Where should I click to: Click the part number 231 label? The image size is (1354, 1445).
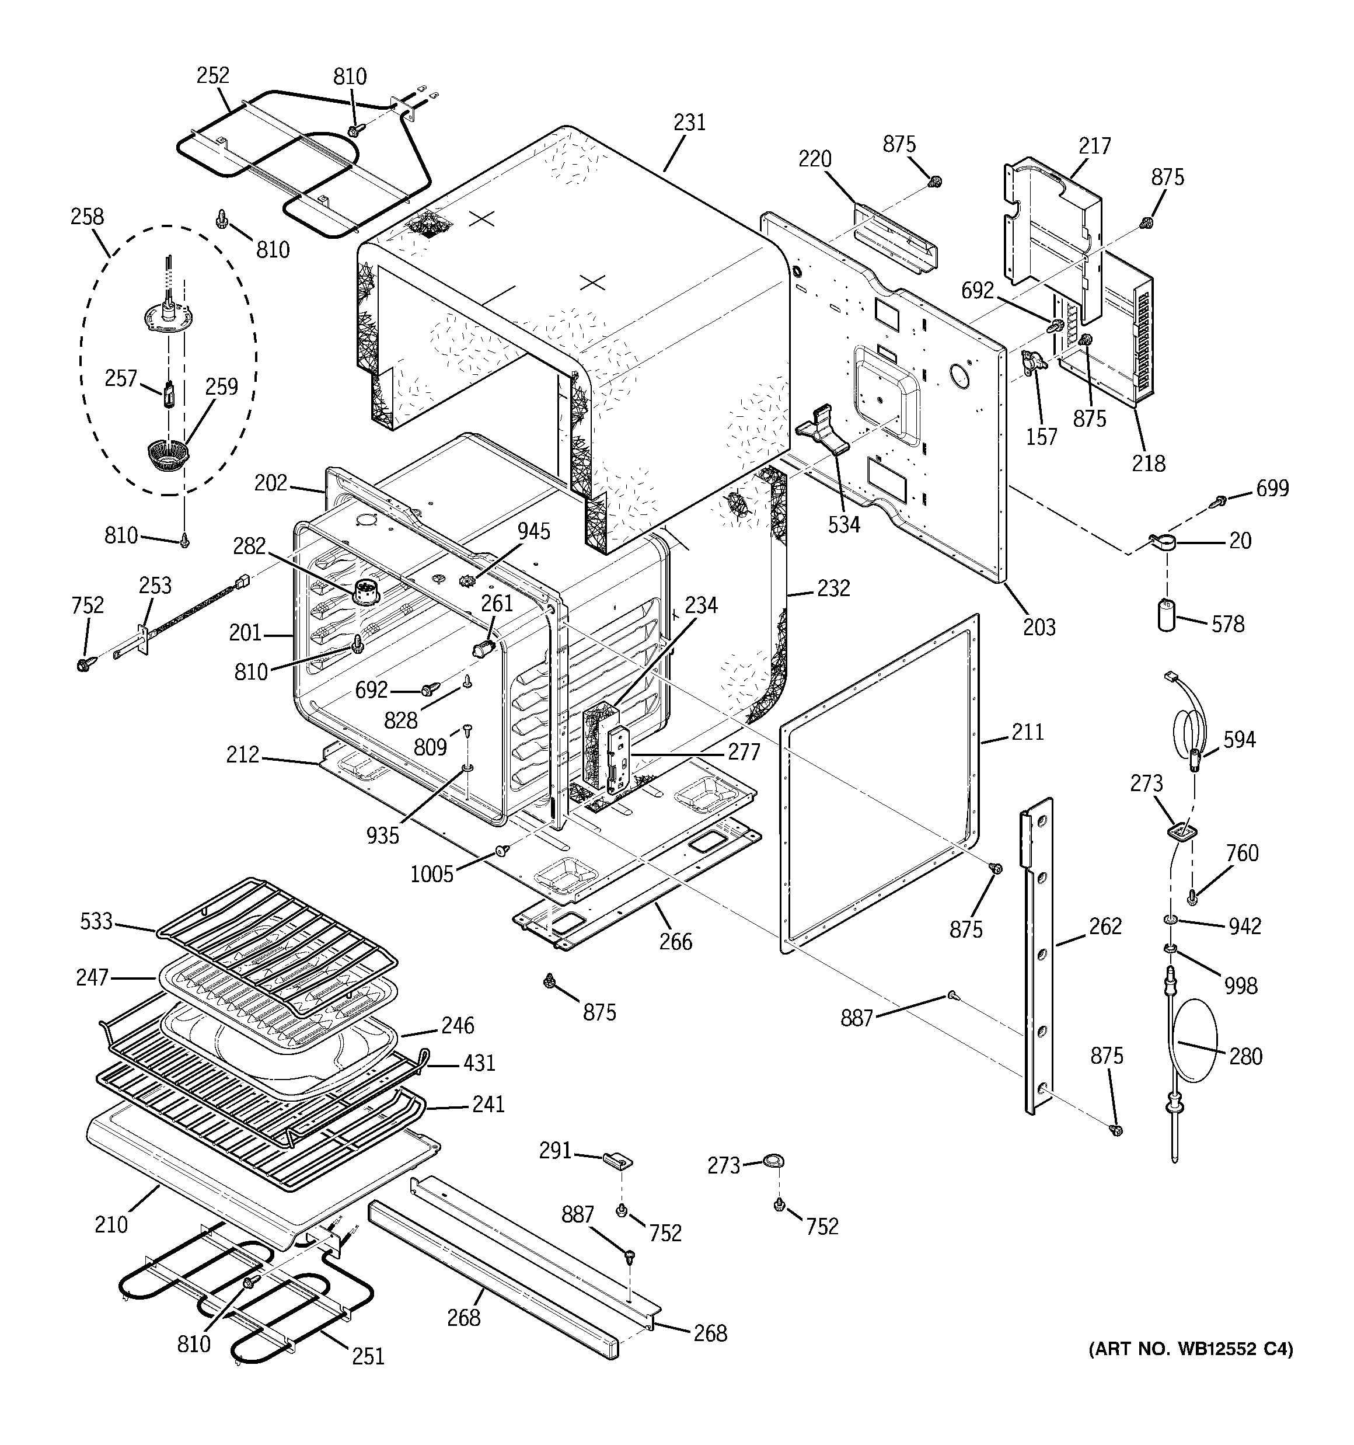pos(689,122)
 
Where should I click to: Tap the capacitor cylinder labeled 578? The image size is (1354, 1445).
pos(1165,615)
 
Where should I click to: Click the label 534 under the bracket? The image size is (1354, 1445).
pos(843,524)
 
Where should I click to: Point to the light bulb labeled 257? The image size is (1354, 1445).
pos(169,397)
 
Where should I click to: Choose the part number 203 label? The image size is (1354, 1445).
pos(1039,626)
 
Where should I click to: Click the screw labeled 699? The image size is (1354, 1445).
pos(1220,501)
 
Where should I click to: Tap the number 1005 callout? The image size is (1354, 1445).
pos(432,873)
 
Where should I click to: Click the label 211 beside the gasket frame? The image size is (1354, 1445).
pos(1027,732)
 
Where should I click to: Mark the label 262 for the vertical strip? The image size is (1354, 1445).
pos(1105,926)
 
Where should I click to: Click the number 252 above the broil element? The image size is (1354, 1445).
pos(212,75)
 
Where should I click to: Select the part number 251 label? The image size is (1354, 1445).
pos(368,1356)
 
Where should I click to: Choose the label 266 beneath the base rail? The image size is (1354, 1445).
pos(675,942)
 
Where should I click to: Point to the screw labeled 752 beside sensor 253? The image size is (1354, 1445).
pos(83,663)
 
